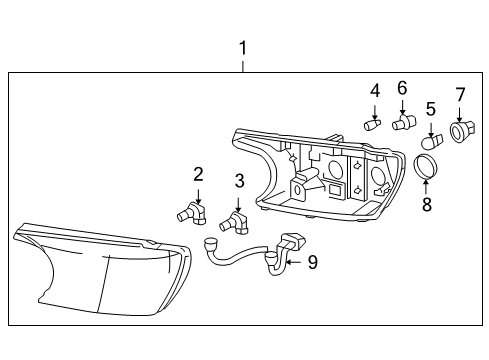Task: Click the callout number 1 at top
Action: point(242,47)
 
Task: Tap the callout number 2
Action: point(198,174)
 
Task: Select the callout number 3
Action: point(239,181)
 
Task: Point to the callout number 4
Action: point(375,91)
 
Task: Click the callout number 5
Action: point(430,108)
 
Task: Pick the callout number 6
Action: point(403,88)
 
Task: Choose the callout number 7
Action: point(460,96)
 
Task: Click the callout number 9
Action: point(312,262)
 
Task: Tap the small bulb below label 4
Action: point(373,125)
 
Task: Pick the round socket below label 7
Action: point(461,131)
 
